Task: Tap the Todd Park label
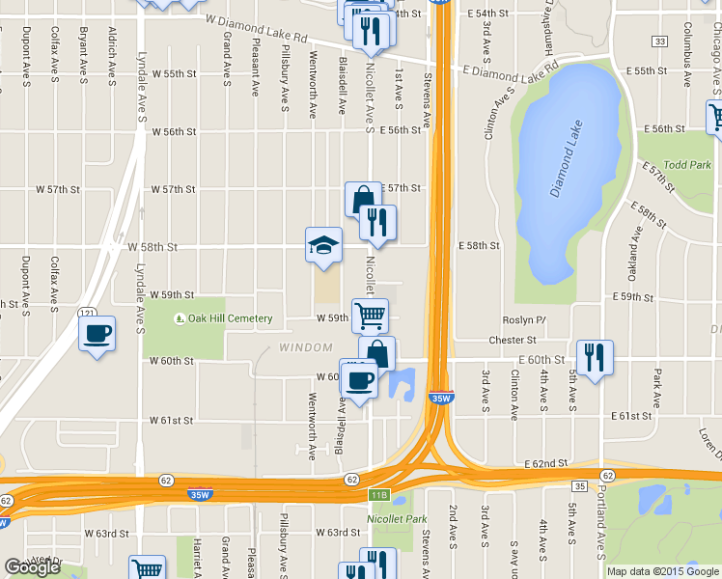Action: tap(687, 165)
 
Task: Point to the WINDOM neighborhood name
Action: tap(305, 346)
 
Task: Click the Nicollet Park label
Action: tap(396, 519)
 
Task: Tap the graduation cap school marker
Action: tap(323, 247)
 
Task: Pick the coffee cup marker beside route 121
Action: tap(97, 335)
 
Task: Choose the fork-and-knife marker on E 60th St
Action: tap(593, 358)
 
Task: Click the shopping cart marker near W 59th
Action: tap(370, 316)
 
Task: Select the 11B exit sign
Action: tap(378, 496)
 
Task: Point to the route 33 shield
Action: tap(659, 41)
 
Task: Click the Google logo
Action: tap(32, 567)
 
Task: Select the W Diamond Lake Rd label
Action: tap(255, 27)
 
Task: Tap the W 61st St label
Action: tap(172, 421)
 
